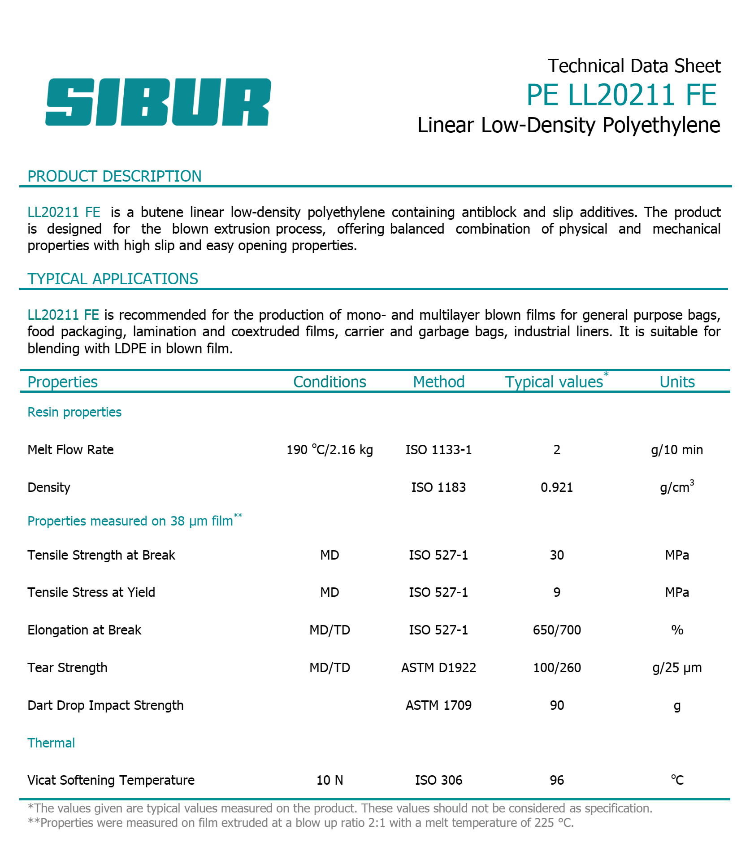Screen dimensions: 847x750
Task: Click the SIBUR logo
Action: click(x=158, y=102)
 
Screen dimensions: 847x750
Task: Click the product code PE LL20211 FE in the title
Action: click(x=621, y=95)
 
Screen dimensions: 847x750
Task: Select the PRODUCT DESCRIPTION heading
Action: click(x=114, y=176)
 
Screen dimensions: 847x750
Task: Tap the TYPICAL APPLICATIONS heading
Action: click(x=113, y=279)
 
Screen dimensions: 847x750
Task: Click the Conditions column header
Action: click(x=329, y=382)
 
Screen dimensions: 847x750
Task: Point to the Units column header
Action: click(x=677, y=382)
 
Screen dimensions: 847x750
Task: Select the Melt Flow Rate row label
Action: click(x=70, y=450)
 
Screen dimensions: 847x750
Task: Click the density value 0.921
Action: click(x=557, y=487)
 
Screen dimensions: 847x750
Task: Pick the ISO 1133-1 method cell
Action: click(x=438, y=450)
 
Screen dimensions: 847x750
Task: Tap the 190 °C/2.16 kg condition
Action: click(x=329, y=450)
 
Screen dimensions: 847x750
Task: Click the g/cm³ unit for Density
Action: click(x=677, y=487)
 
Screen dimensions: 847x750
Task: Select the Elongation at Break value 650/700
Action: click(x=557, y=630)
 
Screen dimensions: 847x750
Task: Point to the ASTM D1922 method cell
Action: click(x=438, y=668)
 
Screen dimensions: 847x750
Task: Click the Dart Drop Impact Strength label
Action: click(x=105, y=705)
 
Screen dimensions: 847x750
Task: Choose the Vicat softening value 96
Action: click(x=557, y=780)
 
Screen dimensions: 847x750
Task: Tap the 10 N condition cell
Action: click(x=329, y=780)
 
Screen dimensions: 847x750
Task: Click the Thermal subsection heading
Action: click(x=51, y=743)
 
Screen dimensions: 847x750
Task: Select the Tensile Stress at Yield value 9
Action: click(x=557, y=592)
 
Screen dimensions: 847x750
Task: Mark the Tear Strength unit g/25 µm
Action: click(x=677, y=668)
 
